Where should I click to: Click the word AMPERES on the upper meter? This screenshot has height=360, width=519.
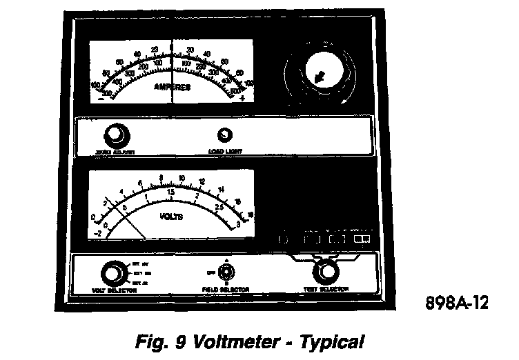[x=173, y=88]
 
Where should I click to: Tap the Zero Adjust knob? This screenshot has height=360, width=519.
[x=115, y=134]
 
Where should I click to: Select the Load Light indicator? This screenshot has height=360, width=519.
[x=224, y=136]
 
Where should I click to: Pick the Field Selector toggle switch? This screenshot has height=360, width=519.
[x=225, y=271]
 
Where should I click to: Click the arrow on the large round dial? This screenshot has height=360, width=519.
[x=320, y=77]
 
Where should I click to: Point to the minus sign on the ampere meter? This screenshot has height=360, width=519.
[x=101, y=99]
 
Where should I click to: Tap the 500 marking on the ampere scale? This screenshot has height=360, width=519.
[x=236, y=90]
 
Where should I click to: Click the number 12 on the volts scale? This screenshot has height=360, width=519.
[x=202, y=182]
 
